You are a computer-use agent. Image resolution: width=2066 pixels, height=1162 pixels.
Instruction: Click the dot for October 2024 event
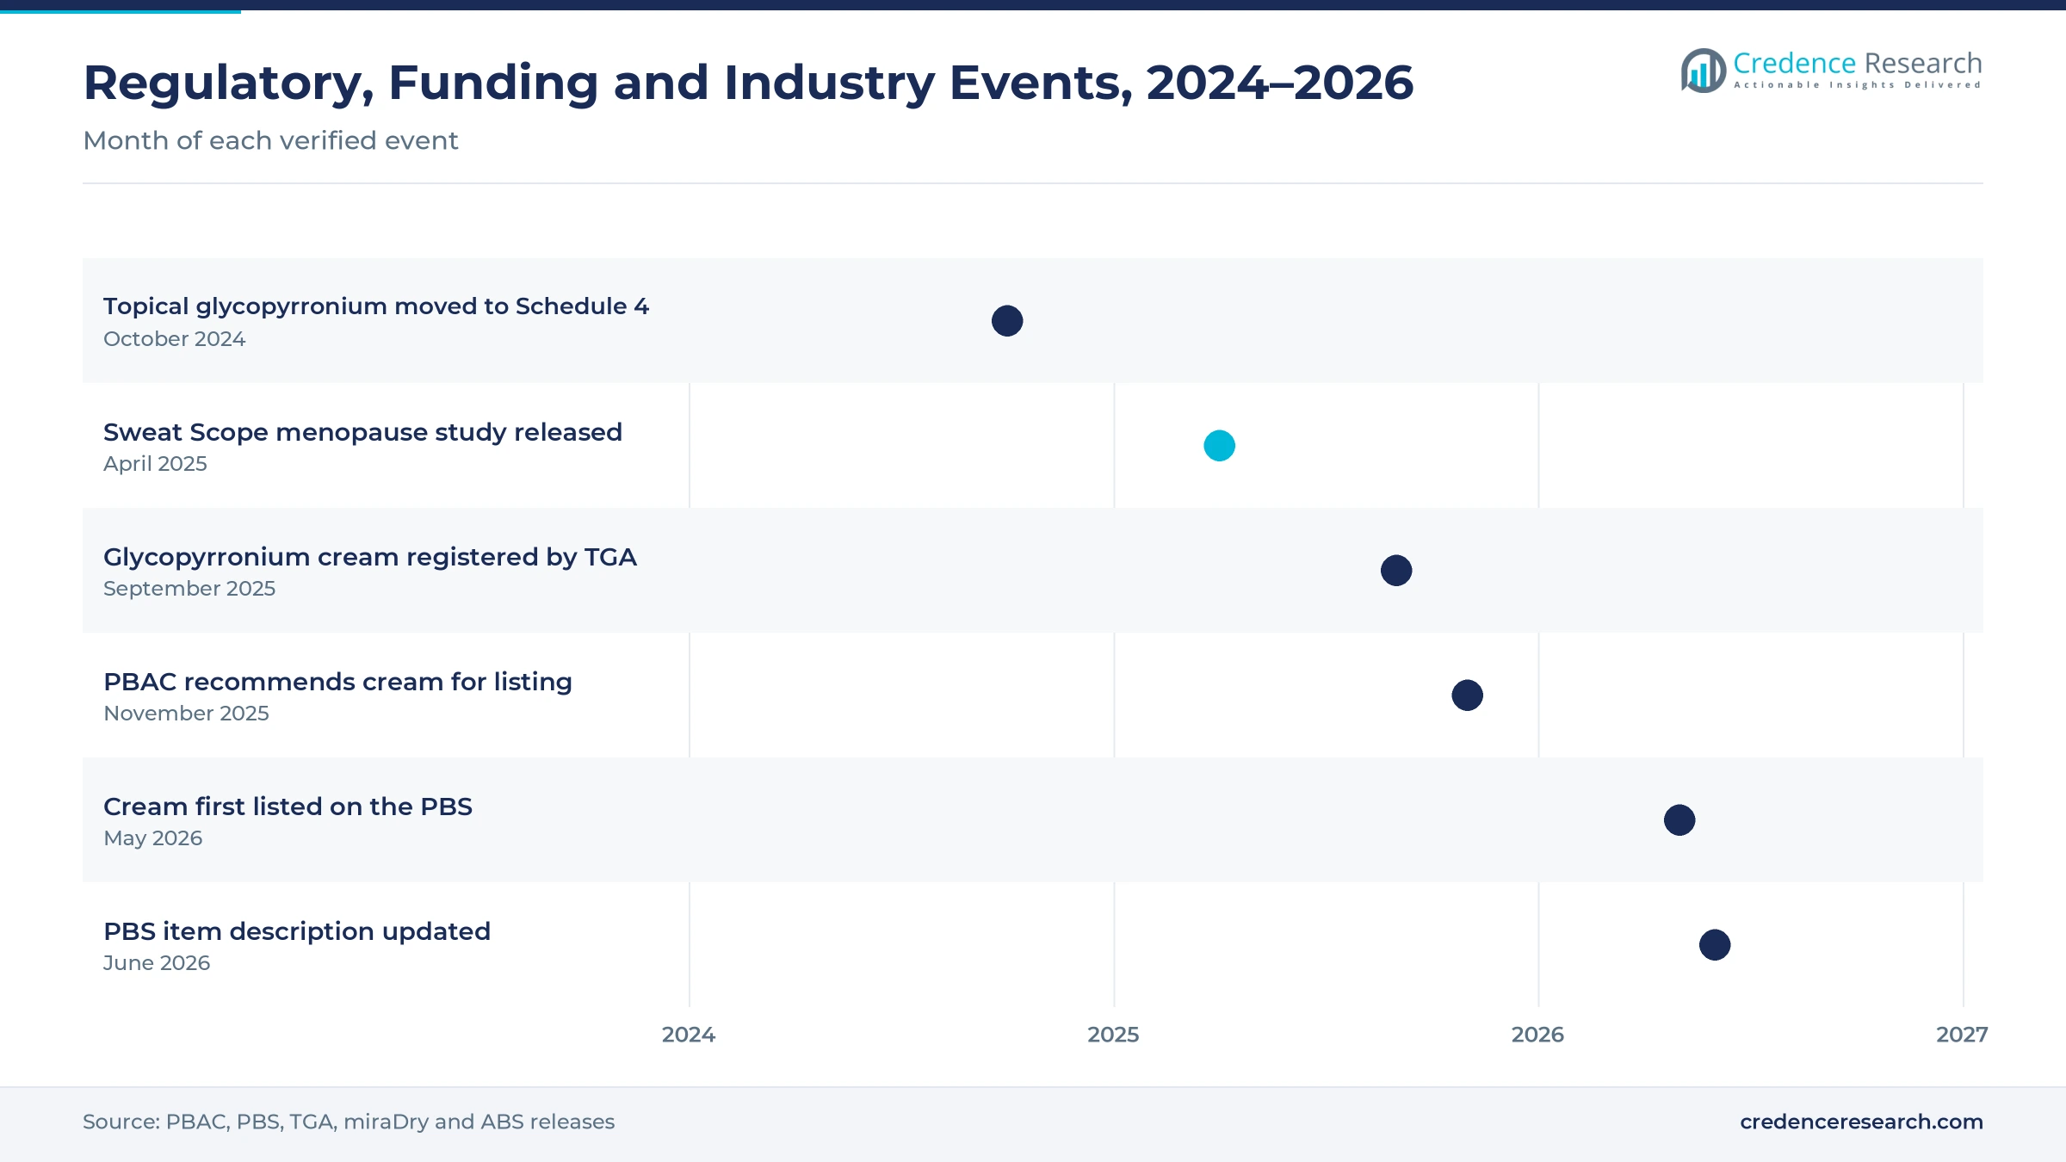coord(1007,321)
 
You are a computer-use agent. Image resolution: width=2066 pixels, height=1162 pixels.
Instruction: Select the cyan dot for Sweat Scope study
coord(1219,446)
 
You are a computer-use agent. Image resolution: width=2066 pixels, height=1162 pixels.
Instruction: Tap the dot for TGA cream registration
coord(1396,571)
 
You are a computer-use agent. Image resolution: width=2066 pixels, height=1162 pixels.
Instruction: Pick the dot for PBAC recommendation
coord(1467,695)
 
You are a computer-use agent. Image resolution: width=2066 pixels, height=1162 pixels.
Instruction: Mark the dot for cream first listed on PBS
coord(1679,820)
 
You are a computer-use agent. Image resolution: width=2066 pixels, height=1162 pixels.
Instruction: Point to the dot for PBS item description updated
coord(1715,945)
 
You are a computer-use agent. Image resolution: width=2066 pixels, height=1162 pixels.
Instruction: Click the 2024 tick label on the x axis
coord(689,1035)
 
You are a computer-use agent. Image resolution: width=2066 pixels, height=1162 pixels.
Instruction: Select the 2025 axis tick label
coord(1113,1035)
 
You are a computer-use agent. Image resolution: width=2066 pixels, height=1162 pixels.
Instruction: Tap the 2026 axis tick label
coord(1537,1035)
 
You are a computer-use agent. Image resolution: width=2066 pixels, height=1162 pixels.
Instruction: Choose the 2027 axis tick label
coord(1962,1035)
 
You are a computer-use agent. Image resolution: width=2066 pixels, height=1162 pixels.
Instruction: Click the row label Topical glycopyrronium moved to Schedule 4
coord(376,307)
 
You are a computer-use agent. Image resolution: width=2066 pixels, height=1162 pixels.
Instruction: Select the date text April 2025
coord(155,464)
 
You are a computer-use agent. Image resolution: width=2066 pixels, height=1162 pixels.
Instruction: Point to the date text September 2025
coord(189,589)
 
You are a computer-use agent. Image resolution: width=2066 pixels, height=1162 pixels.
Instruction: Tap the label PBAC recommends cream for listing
coord(337,682)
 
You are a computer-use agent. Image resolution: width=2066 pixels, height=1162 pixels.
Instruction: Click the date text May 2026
coord(153,838)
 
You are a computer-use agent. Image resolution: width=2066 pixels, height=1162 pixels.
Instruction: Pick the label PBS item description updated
coord(297,932)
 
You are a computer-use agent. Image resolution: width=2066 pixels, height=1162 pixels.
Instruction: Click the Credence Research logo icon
coord(1703,71)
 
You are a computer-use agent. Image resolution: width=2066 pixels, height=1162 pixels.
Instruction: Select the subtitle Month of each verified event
coord(270,140)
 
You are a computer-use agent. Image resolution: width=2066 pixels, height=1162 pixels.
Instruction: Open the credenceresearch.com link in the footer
coord(1861,1122)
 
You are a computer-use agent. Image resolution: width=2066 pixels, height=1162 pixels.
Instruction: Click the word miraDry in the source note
coord(386,1122)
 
